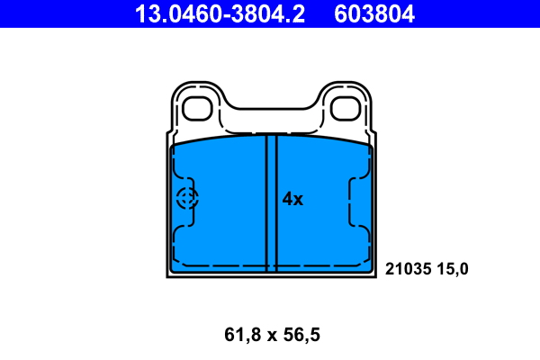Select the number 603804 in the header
click(379, 13)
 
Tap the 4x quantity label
click(292, 199)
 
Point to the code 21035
click(409, 268)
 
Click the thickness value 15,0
click(454, 268)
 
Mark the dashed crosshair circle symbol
click(187, 200)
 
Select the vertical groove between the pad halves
click(271, 202)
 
